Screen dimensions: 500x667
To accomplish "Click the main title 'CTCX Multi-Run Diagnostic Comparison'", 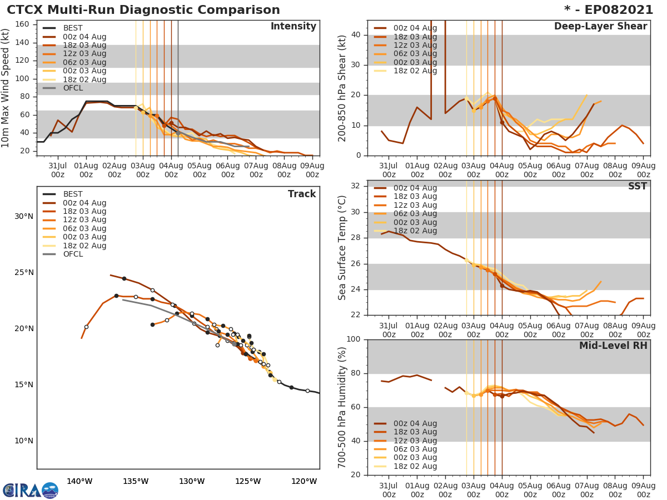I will pyautogui.click(x=143, y=10).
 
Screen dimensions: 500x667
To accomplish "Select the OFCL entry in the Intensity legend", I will pyautogui.click(x=73, y=88).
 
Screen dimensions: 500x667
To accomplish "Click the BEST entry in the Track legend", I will pyautogui.click(x=73, y=194).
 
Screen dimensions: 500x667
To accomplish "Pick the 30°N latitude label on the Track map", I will pyautogui.click(x=23, y=216).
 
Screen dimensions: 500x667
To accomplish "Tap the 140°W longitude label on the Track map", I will pyautogui.click(x=79, y=481).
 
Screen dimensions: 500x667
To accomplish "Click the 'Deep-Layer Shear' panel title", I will pyautogui.click(x=600, y=27).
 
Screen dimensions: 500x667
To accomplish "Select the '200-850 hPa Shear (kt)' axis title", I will pyautogui.click(x=342, y=88).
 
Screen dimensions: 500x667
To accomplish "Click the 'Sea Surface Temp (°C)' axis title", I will pyautogui.click(x=342, y=248).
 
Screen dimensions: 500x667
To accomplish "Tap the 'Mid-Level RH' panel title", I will pyautogui.click(x=613, y=346).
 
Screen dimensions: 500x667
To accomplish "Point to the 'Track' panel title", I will pyautogui.click(x=301, y=194).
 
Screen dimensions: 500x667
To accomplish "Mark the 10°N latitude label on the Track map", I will pyautogui.click(x=23, y=441).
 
